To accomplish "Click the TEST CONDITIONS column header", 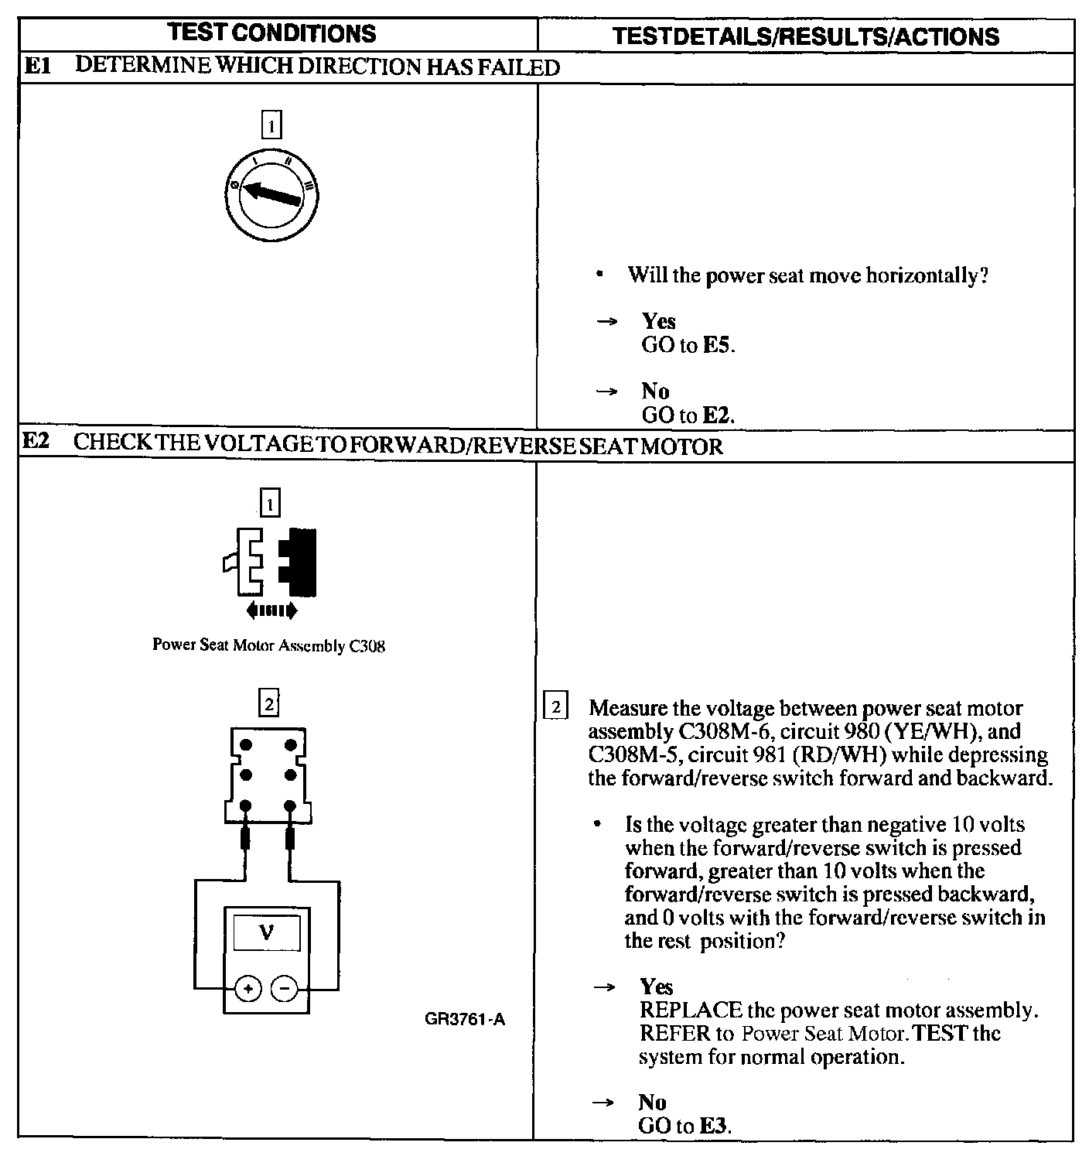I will coord(271,33).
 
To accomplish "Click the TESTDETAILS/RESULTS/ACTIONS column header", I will coord(804,36).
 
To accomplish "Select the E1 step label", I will coord(36,67).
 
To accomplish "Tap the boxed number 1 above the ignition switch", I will coord(271,125).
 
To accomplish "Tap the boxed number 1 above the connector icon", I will coord(270,504).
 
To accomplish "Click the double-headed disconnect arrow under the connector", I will coord(271,611).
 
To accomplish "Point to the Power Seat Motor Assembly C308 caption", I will coord(268,645).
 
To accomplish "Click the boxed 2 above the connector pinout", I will coord(268,703).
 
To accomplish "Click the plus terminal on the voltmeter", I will coord(247,988).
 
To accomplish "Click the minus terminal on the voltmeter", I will coord(285,988).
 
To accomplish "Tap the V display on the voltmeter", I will coord(267,933).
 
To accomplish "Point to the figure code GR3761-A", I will coord(465,1019).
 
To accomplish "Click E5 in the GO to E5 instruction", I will coord(717,345).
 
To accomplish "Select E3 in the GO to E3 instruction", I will coord(714,1126).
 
